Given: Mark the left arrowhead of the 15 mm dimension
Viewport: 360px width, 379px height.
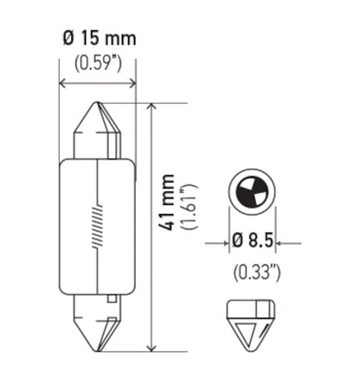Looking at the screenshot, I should click(x=63, y=85).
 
